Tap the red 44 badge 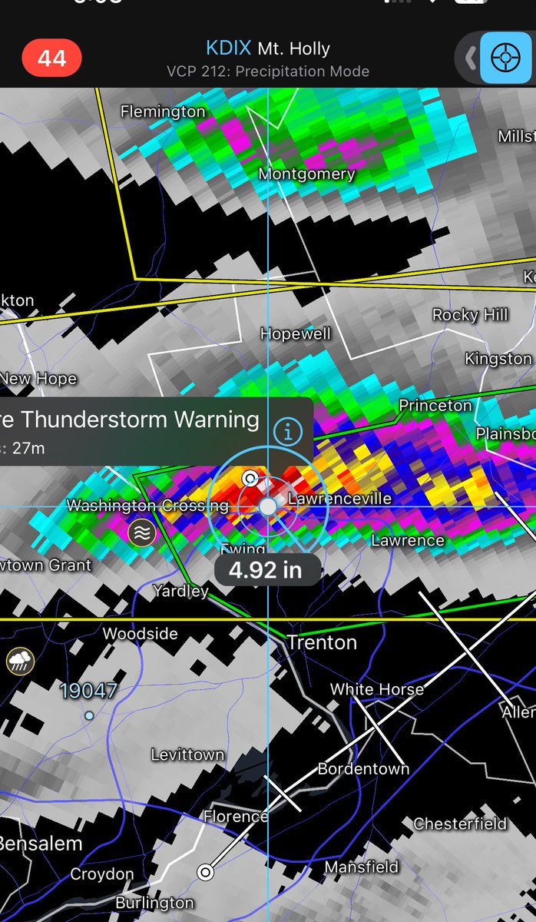tap(52, 58)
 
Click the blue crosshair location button tap(505, 58)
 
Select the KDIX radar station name tap(228, 48)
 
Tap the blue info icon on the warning tap(288, 433)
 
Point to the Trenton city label tap(322, 642)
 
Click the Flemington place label tap(163, 112)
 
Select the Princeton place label tap(435, 406)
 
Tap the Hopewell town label tap(295, 334)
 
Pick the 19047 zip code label tap(89, 691)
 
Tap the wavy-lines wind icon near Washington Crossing tap(141, 532)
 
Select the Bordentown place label tap(363, 768)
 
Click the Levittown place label tap(187, 755)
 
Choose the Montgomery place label tap(306, 174)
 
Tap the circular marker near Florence tap(205, 871)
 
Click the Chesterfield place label tap(460, 824)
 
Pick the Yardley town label tap(180, 591)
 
